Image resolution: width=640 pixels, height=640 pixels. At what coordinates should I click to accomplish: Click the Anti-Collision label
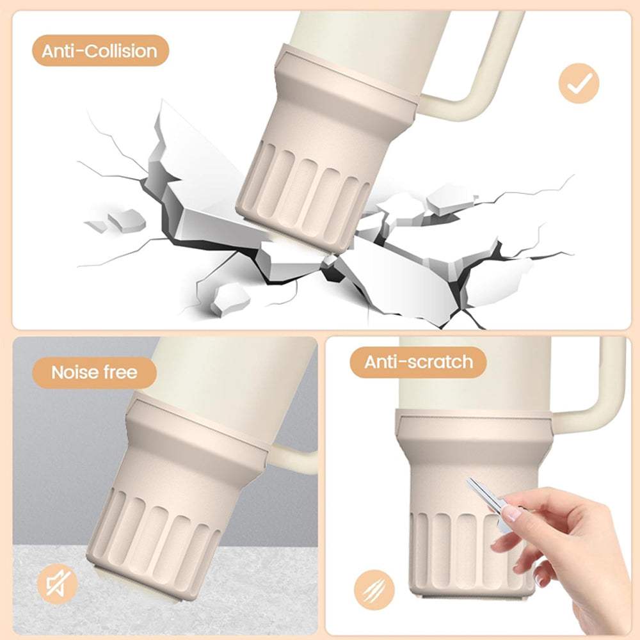100,51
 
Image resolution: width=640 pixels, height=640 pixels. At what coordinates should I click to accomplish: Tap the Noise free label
94,372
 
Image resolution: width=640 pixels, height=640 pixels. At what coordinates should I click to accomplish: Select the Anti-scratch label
419,362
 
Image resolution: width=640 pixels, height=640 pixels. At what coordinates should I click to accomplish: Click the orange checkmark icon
579,83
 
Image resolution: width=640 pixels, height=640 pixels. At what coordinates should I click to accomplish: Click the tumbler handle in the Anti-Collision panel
474,69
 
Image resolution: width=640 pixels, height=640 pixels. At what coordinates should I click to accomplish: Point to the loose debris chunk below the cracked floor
230,298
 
